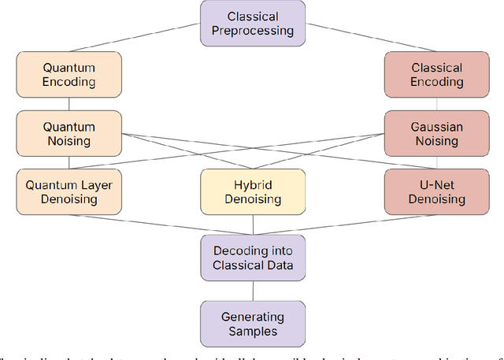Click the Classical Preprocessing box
pos(252,23)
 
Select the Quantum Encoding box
pos(69,74)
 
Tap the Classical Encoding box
pos(436,74)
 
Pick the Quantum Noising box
pos(69,133)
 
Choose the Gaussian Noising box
pos(436,133)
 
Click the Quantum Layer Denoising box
pos(69,192)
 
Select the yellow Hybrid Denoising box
pos(252,192)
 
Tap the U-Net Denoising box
pos(436,192)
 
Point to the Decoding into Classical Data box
pos(252,258)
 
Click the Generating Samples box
pos(252,323)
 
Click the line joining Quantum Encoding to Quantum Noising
pos(69,104)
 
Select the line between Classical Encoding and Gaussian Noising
pos(436,104)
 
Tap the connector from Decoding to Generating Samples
pos(252,291)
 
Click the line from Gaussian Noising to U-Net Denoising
pos(436,163)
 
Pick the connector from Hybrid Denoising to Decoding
pos(252,225)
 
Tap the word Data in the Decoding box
pos(280,265)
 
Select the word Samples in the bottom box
pos(252,330)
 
